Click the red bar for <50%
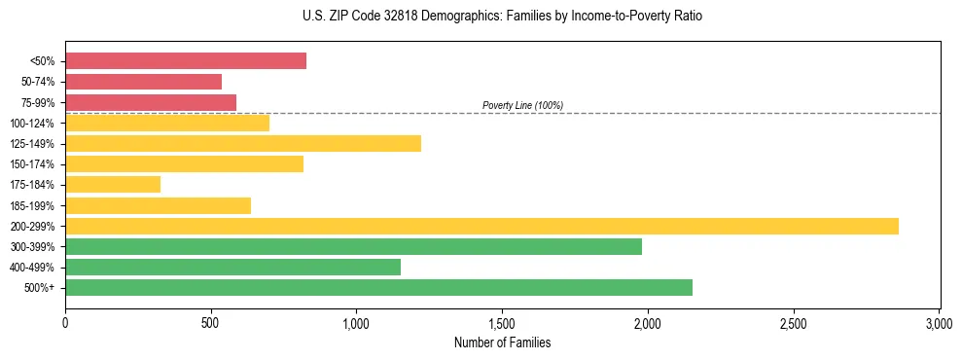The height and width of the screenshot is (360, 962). click(x=186, y=61)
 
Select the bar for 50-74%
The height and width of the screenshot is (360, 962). click(x=143, y=82)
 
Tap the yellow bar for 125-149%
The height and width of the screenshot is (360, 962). click(x=243, y=144)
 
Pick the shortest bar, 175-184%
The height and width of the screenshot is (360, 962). click(x=113, y=185)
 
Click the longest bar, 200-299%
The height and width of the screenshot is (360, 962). click(x=481, y=227)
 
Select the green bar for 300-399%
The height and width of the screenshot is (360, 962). click(x=353, y=247)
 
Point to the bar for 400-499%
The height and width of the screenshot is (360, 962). click(x=232, y=268)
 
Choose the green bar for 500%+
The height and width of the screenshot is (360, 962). click(x=378, y=288)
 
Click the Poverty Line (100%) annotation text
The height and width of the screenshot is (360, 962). click(x=522, y=105)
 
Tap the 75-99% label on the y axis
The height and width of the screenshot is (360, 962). click(x=40, y=102)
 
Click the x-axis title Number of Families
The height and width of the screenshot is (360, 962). click(x=502, y=342)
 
